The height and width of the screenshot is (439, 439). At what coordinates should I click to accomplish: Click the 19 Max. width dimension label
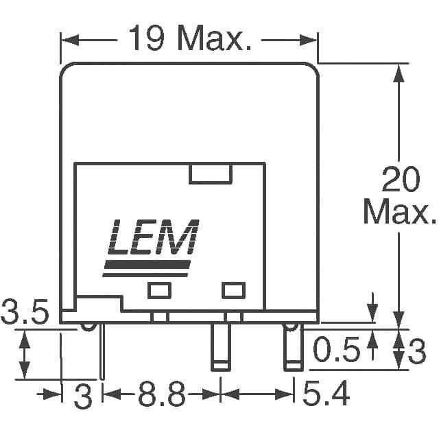tap(190, 38)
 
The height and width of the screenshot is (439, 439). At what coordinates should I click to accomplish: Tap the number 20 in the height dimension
tap(401, 179)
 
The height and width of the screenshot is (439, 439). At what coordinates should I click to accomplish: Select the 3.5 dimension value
tap(25, 311)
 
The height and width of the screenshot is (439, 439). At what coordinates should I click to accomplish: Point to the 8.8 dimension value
tap(162, 394)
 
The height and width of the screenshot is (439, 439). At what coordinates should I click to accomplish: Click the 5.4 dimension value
tap(327, 393)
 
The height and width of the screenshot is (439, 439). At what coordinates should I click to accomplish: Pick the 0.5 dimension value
tap(336, 348)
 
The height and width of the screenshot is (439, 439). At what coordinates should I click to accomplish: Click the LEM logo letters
tap(154, 237)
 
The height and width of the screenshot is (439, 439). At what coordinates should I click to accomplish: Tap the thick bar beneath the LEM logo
tap(147, 264)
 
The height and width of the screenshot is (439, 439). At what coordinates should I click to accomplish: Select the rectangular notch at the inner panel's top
tap(211, 174)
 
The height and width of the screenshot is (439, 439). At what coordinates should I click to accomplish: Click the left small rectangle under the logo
tap(159, 290)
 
